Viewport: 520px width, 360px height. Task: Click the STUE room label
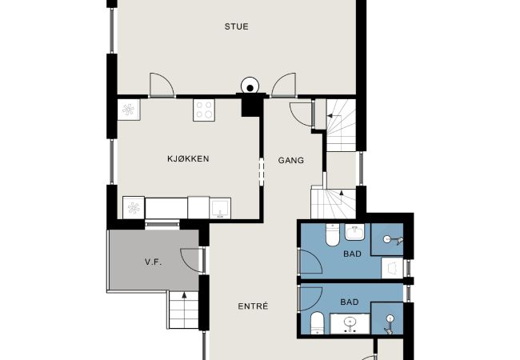click(236, 26)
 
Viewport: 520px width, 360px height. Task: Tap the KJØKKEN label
click(188, 158)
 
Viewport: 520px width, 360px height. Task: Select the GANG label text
click(291, 161)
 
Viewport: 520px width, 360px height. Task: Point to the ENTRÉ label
click(253, 306)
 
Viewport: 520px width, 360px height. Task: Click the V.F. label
click(154, 262)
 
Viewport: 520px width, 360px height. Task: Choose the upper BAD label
click(352, 254)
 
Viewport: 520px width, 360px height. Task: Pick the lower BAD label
click(350, 302)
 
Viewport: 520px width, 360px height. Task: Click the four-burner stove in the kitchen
click(204, 110)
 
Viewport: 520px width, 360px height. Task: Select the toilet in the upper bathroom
click(332, 234)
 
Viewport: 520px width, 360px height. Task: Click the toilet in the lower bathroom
click(318, 323)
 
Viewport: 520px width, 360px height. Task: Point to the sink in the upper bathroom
click(355, 232)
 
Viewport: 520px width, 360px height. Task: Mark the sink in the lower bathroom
click(350, 323)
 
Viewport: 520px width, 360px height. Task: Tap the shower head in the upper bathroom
click(393, 239)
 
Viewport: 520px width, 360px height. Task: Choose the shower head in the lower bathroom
click(390, 324)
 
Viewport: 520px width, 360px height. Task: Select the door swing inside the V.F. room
click(190, 259)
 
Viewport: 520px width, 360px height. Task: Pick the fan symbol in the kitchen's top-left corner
click(129, 110)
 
